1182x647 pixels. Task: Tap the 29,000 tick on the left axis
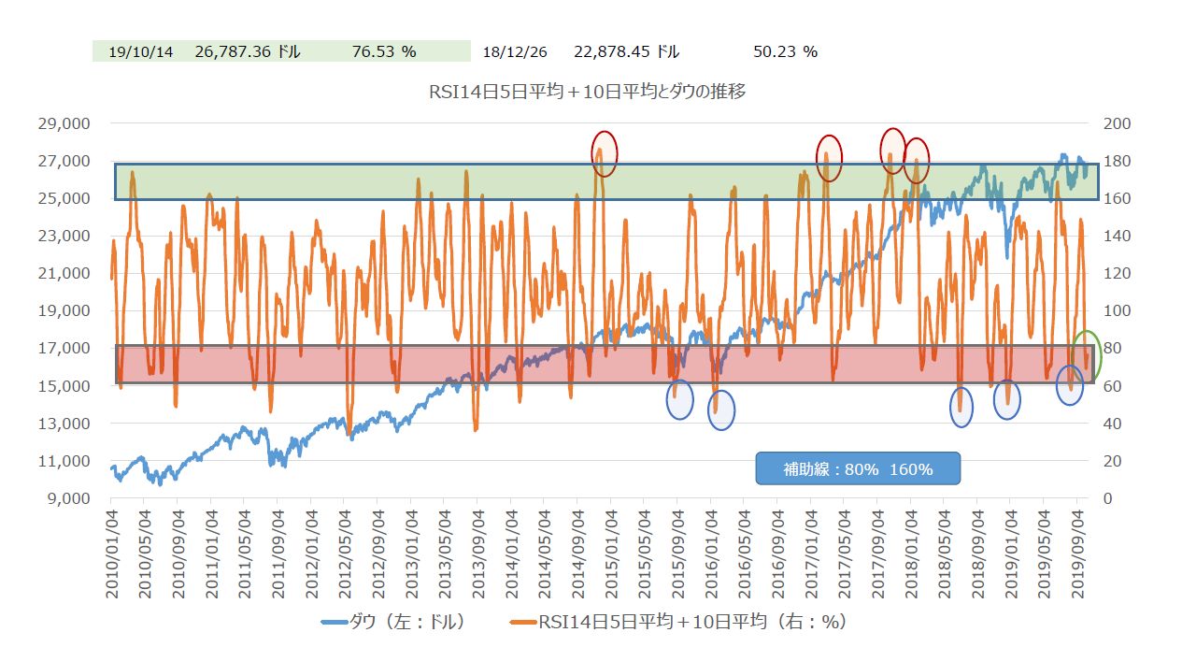(x=64, y=123)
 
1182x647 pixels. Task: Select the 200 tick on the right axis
(x=1118, y=123)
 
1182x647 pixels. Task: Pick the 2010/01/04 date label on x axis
(x=112, y=553)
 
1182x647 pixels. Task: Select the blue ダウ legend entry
(x=392, y=621)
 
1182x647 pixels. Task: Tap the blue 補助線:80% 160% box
(x=858, y=469)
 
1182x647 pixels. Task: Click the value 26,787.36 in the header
(x=248, y=51)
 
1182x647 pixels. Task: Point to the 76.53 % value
(x=384, y=51)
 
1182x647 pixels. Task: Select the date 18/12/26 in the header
(x=514, y=51)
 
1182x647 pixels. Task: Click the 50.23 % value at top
(x=785, y=51)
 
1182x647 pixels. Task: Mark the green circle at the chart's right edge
(x=1086, y=353)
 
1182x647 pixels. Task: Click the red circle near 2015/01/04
(x=605, y=152)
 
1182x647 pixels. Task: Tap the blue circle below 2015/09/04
(x=679, y=399)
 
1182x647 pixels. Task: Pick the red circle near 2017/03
(x=829, y=157)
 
